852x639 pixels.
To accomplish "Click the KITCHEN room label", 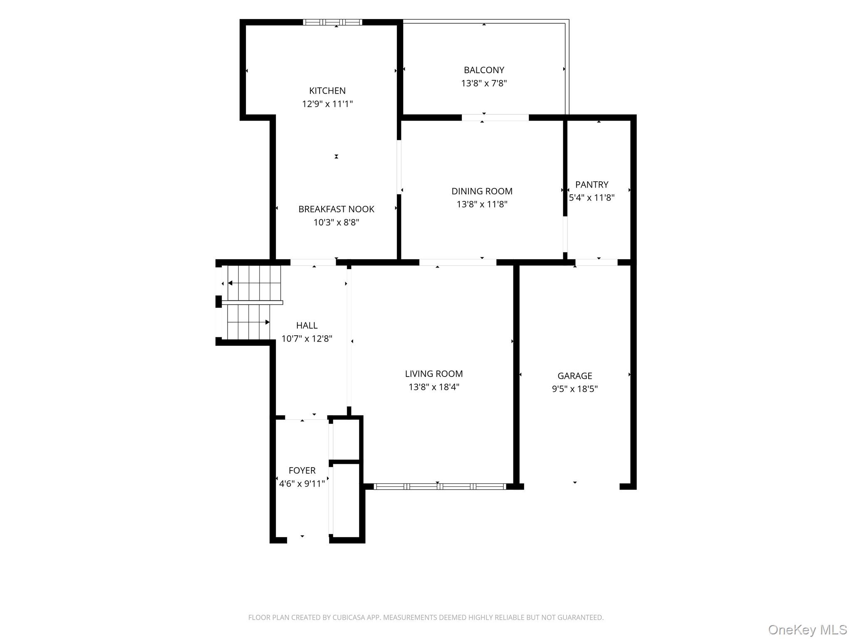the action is point(327,91).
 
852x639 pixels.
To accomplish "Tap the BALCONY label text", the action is point(484,70).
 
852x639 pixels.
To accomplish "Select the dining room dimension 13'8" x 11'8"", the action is point(482,204).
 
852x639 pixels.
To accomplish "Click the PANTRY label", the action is point(592,184).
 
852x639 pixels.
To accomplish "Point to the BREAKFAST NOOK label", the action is point(336,209).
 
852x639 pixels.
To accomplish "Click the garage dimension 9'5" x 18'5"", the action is point(575,389).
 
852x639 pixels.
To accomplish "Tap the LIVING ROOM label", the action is point(434,374).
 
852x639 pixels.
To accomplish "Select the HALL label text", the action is point(307,325).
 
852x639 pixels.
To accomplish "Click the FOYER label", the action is point(302,471).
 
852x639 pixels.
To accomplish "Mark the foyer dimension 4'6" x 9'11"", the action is point(302,483).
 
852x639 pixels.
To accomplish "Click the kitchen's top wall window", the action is point(332,22).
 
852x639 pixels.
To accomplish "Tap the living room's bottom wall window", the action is point(440,486).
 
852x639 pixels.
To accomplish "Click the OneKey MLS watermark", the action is point(807,629).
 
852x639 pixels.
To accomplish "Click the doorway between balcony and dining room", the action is point(495,118).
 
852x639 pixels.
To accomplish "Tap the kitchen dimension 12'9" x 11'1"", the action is point(327,104).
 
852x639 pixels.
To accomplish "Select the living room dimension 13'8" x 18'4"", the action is point(434,387).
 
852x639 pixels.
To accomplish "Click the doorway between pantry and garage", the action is point(596,263).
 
